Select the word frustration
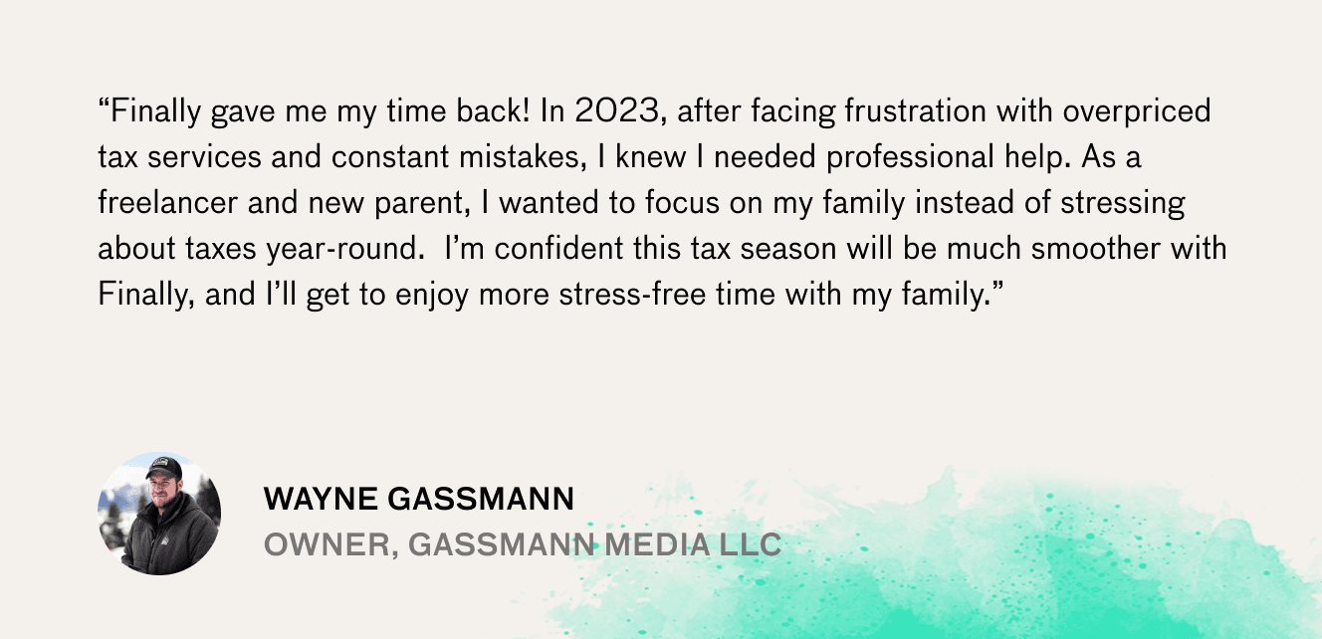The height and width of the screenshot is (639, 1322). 916,110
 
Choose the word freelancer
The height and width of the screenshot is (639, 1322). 167,202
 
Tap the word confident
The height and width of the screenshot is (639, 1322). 558,248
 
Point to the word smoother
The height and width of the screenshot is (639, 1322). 1096,248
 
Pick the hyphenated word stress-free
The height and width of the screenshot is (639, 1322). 632,294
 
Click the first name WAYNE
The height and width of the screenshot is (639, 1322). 321,500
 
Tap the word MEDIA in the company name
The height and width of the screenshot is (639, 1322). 657,544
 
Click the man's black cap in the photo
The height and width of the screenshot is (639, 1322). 164,468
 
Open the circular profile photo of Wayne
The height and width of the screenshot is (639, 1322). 159,514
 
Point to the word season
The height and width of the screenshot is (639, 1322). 788,249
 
